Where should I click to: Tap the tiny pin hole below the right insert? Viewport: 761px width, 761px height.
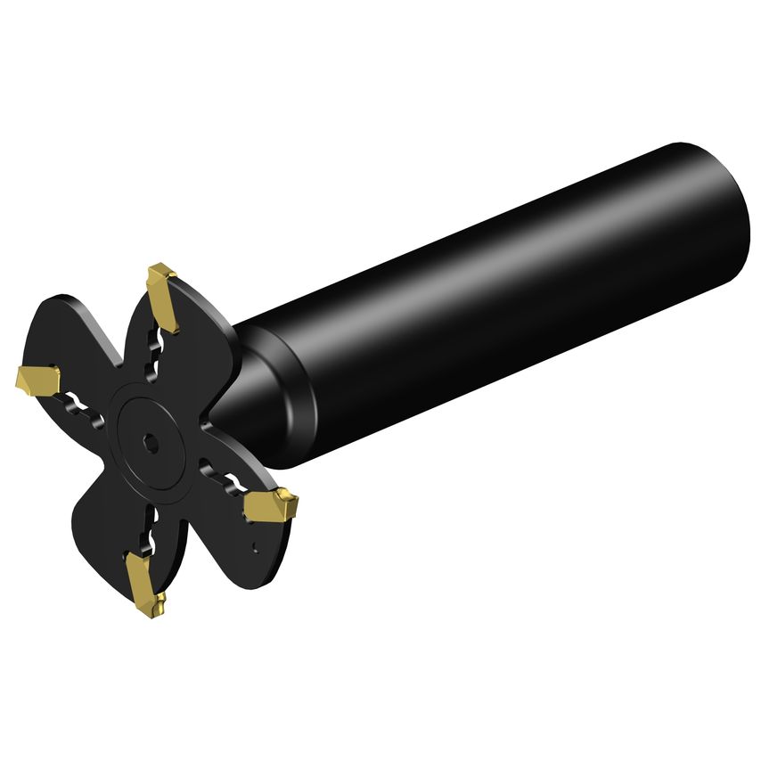[256, 545]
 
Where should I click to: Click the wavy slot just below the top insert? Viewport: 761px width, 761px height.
[159, 352]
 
